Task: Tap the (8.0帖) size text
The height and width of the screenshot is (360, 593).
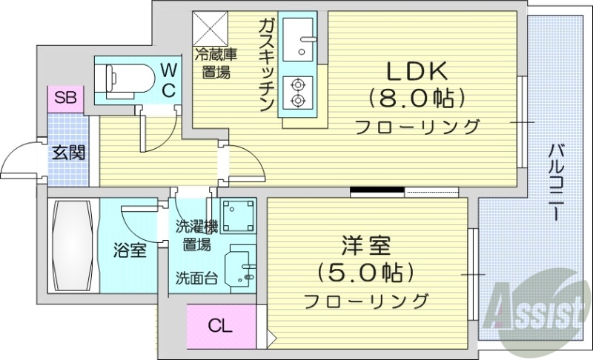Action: click(417, 99)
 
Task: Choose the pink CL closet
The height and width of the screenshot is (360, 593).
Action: click(219, 324)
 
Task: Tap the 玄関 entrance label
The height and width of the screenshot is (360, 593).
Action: click(67, 153)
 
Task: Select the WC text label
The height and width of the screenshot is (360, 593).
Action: click(168, 81)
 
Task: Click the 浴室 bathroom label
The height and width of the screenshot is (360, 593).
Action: click(130, 250)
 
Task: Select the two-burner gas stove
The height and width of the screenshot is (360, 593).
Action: click(298, 91)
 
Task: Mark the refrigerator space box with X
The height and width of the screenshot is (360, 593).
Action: click(211, 29)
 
